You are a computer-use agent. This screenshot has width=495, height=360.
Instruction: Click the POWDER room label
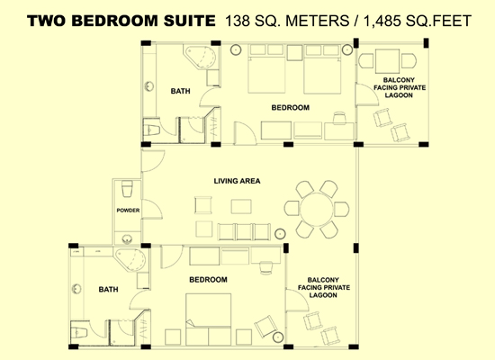click(128, 211)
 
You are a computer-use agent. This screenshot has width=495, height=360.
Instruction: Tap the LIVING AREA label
click(237, 181)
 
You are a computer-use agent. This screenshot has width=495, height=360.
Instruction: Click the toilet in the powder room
click(127, 188)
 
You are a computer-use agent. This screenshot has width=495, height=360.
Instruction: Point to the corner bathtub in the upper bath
click(201, 58)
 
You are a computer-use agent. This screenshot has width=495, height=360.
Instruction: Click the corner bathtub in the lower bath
click(130, 259)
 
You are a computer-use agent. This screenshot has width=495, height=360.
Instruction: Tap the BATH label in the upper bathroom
click(181, 91)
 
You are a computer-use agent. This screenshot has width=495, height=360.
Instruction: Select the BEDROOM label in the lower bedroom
click(208, 280)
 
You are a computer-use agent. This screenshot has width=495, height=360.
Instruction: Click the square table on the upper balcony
click(387, 61)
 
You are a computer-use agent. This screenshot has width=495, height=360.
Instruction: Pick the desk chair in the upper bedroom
click(339, 118)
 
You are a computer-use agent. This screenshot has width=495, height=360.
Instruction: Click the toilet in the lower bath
click(79, 332)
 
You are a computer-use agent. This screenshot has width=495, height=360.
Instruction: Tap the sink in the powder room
click(127, 238)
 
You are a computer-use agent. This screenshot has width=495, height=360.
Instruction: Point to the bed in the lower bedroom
click(209, 319)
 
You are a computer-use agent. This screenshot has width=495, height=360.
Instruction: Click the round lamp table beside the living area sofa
click(280, 234)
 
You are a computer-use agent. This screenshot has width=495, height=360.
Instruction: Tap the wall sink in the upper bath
click(149, 86)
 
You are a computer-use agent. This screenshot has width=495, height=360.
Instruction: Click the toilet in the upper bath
click(151, 130)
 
